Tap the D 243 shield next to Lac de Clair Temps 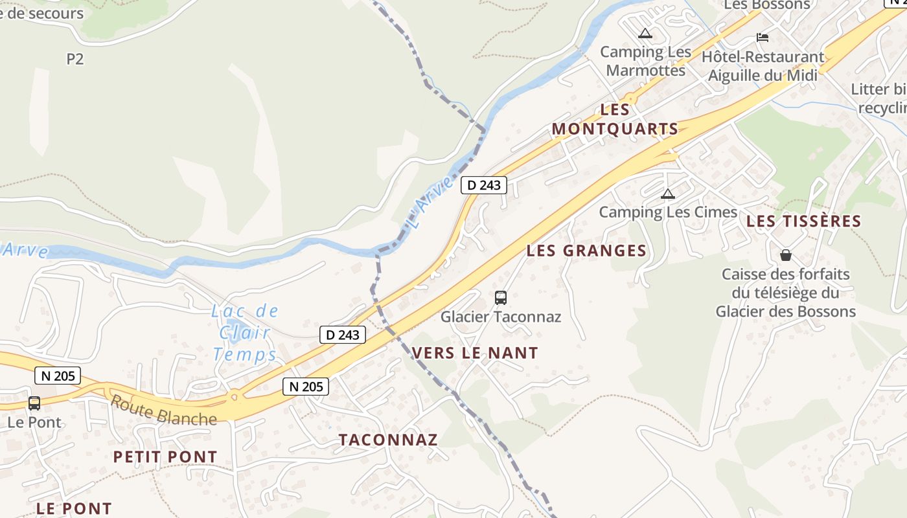pos(343,335)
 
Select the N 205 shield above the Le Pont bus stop pos(57,376)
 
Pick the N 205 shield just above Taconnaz pos(306,387)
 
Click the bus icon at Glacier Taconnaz pos(501,298)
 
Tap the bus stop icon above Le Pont pos(34,403)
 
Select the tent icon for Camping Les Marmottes pos(645,34)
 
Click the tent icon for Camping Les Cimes pos(667,194)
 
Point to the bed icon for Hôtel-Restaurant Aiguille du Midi pos(763,38)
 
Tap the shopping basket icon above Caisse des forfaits pos(786,255)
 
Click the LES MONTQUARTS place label pos(615,119)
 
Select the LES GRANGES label pos(586,251)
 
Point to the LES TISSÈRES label pos(803,221)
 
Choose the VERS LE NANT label pos(475,353)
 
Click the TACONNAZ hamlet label pos(388,440)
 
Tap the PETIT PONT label pos(165,456)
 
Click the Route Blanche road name pos(163,411)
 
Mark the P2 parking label pos(75,59)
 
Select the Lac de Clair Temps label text pos(245,333)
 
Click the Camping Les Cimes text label pos(668,212)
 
